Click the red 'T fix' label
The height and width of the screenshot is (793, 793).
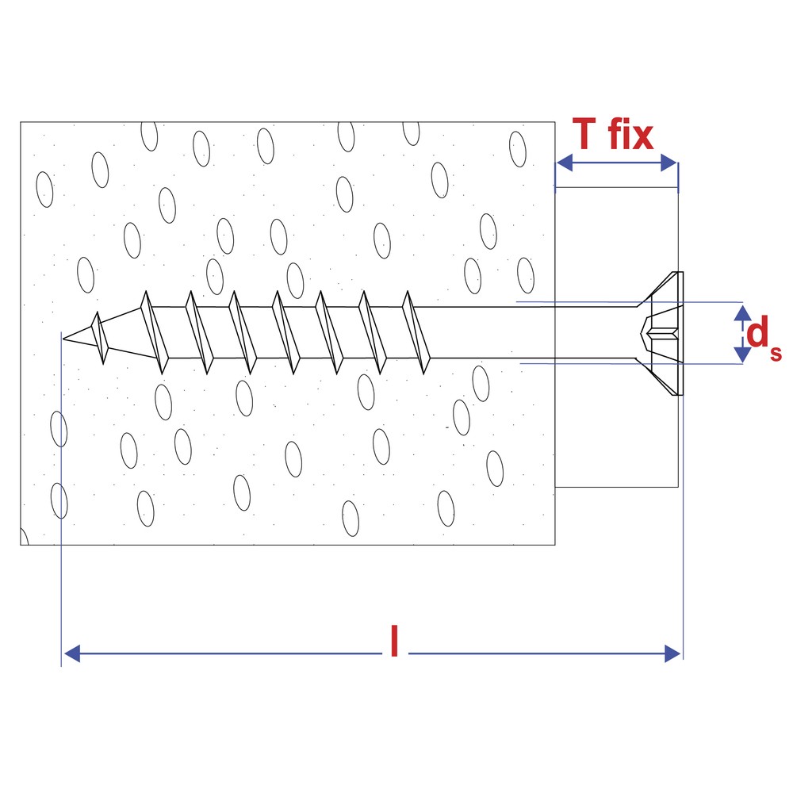pos(612,134)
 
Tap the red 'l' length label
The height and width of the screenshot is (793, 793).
pos(395,641)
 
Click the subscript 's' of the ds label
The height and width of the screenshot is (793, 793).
pos(776,353)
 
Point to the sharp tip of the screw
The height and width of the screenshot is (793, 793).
pos(63,339)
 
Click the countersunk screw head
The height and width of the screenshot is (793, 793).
pos(661,333)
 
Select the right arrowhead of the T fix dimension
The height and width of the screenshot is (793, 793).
pos(669,163)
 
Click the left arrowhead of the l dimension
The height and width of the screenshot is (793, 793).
pos(72,653)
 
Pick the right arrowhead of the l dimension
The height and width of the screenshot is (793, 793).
pos(672,653)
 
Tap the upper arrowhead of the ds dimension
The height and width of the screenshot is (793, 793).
pos(742,312)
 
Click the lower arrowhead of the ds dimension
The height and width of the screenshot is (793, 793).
pos(742,354)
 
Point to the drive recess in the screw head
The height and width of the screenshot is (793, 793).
pos(660,333)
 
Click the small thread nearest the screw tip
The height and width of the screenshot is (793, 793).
pos(100,337)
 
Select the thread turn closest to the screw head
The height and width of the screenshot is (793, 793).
pos(416,332)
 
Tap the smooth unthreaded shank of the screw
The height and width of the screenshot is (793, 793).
pos(531,332)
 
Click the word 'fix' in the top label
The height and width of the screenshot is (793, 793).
pos(631,134)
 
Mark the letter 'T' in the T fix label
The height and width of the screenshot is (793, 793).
pos(584,134)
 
